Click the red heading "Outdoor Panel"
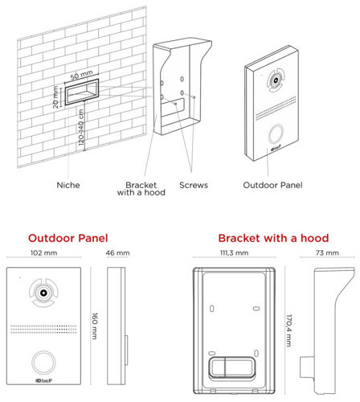coord(68,238)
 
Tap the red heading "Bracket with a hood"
coord(273,238)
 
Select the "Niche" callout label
coord(68,185)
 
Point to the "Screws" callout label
coord(194,185)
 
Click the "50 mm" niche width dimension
coord(82,75)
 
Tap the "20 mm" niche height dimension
coord(55,96)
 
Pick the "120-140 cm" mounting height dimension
coord(81,127)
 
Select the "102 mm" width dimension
coord(44,252)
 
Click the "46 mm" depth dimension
coord(117,252)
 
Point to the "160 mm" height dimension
coord(95,326)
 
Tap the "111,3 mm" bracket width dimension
coord(235,252)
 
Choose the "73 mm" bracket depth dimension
coord(327,252)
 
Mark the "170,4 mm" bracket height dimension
coord(288,330)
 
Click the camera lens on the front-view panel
coord(43,293)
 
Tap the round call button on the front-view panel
coord(43,363)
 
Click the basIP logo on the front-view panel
coord(44,380)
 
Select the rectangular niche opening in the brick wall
coord(82,92)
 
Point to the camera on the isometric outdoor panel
coord(276,80)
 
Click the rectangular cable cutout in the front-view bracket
coord(231,367)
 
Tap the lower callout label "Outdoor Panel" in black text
coord(272,185)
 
